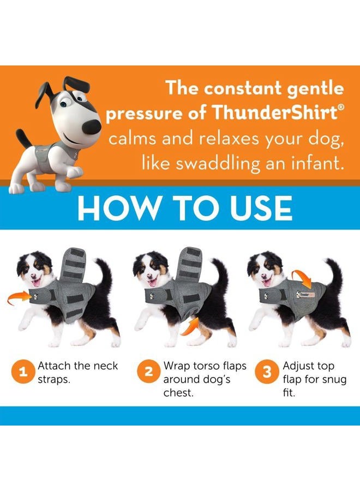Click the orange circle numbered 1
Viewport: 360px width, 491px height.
pyautogui.click(x=22, y=373)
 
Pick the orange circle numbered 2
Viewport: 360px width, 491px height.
pyautogui.click(x=148, y=373)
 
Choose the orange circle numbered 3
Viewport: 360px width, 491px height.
pyautogui.click(x=267, y=373)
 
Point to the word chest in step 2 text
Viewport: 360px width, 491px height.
pyautogui.click(x=178, y=393)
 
